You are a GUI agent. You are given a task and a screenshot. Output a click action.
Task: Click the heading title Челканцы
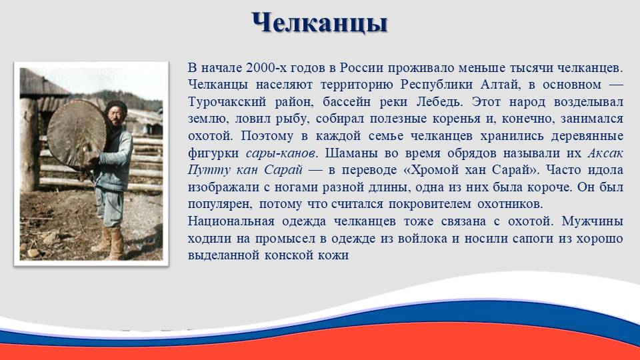click(x=319, y=23)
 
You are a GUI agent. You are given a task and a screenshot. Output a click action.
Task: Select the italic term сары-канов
click(x=281, y=153)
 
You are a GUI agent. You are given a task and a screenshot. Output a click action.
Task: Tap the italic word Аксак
click(x=605, y=153)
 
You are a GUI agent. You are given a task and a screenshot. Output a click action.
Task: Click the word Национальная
click(x=231, y=221)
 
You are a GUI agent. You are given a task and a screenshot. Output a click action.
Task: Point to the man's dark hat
click(x=116, y=107)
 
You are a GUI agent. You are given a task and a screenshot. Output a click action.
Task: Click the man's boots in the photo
click(x=108, y=243)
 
